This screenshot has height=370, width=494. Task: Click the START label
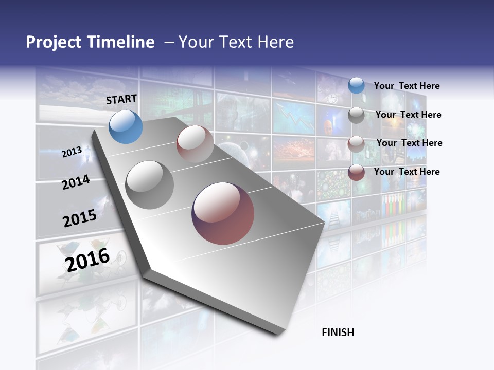121,99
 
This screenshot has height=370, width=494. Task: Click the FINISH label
338,332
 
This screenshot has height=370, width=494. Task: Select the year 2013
72,152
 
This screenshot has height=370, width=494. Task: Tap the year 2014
76,182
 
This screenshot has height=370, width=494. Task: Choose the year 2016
87,260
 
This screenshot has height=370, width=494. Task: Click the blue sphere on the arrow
126,126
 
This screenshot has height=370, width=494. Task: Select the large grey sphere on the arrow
149,184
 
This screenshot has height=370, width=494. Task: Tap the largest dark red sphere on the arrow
223,213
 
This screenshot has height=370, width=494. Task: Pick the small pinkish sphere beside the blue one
195,143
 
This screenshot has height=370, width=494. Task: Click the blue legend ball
356,85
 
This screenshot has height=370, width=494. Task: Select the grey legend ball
356,115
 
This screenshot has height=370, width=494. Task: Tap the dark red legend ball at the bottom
356,172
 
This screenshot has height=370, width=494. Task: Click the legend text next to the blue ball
407,86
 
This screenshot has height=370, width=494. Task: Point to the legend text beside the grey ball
408,115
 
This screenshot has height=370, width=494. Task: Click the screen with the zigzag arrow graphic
293,117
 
